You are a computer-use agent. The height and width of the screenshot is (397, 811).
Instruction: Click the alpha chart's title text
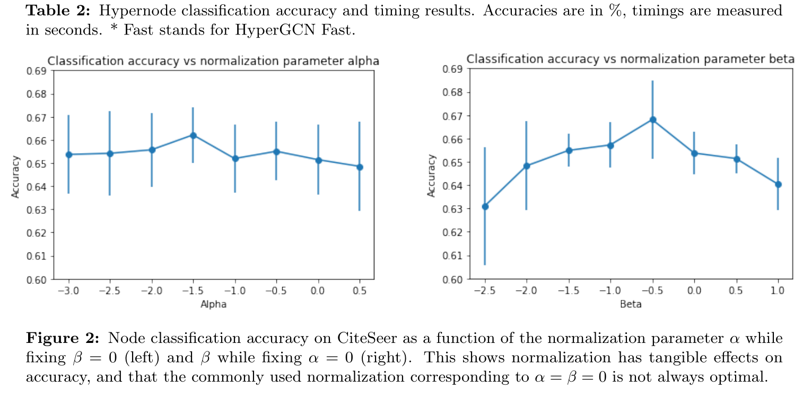(213, 61)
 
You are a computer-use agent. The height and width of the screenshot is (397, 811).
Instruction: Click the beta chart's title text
(630, 59)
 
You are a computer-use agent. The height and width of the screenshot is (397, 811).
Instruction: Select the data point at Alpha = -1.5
(193, 136)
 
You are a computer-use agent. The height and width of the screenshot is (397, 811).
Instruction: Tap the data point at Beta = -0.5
(652, 120)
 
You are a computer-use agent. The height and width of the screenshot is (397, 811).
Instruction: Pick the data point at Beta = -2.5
(485, 206)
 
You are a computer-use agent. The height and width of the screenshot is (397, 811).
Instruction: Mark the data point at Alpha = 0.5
(360, 167)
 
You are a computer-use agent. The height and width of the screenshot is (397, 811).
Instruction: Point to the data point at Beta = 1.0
(778, 184)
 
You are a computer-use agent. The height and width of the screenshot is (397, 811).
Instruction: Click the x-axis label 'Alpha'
(214, 304)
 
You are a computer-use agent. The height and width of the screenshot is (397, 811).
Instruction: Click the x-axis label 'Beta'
(631, 304)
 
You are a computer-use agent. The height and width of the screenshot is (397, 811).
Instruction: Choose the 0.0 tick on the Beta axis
(694, 291)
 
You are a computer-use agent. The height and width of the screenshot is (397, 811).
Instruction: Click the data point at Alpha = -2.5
(110, 154)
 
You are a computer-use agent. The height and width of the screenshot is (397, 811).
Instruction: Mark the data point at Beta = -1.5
(569, 151)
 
